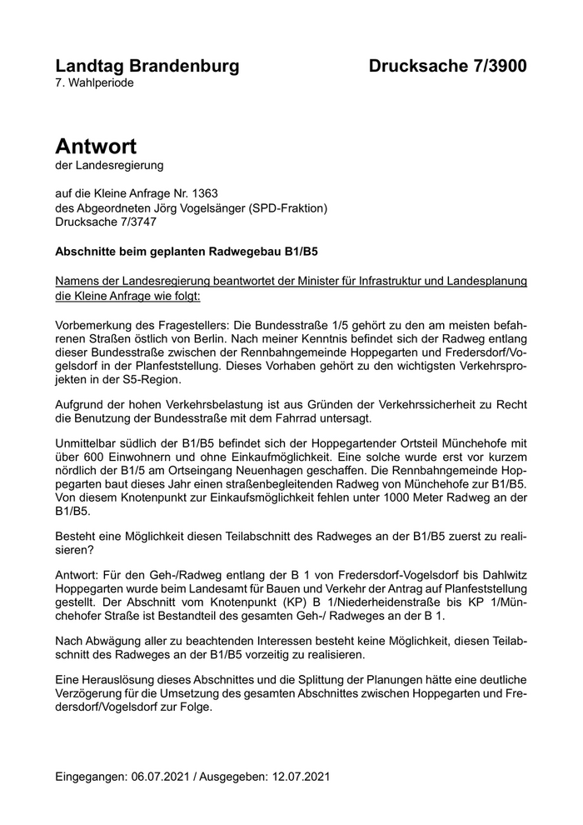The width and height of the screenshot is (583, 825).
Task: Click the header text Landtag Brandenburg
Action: point(147,66)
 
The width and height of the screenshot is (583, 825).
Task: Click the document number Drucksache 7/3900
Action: point(448,66)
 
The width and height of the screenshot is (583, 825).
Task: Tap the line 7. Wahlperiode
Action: point(94,82)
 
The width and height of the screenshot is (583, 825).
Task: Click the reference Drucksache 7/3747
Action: point(105,222)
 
